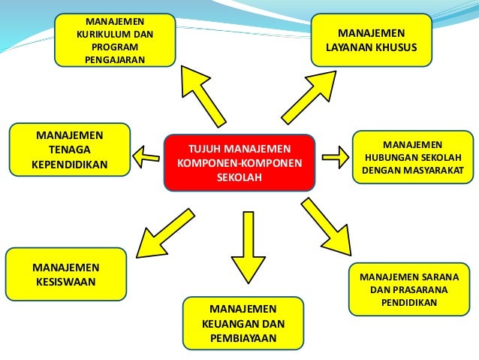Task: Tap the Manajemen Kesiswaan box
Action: pos(65,275)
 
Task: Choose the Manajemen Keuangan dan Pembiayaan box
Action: pos(243,324)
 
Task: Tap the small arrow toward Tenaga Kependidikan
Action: pos(147,156)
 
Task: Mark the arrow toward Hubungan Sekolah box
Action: pos(335,156)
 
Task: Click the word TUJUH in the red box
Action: pos(203,147)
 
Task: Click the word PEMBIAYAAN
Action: pos(243,338)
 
